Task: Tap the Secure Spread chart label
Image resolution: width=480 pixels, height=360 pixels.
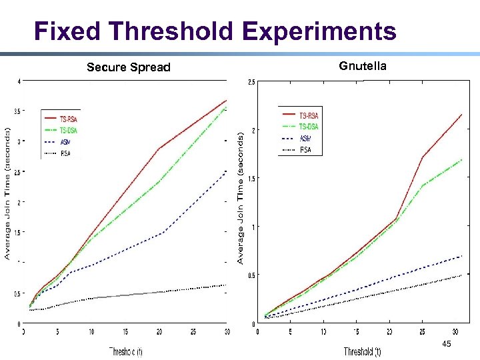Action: click(129, 67)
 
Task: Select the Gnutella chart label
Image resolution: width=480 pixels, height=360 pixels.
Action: click(362, 65)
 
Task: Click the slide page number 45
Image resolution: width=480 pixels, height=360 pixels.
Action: click(446, 344)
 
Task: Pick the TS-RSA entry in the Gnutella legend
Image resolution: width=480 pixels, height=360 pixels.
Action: click(309, 116)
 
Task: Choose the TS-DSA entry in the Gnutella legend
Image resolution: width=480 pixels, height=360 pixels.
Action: click(309, 127)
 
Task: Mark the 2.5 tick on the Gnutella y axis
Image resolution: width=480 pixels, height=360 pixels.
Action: click(250, 82)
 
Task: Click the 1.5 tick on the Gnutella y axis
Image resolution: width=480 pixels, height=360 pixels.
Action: click(250, 179)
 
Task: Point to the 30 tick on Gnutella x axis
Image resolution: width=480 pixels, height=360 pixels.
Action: click(454, 331)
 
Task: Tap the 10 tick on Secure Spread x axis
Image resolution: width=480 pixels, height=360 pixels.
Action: click(91, 331)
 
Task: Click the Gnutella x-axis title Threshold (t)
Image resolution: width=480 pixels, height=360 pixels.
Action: click(363, 351)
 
